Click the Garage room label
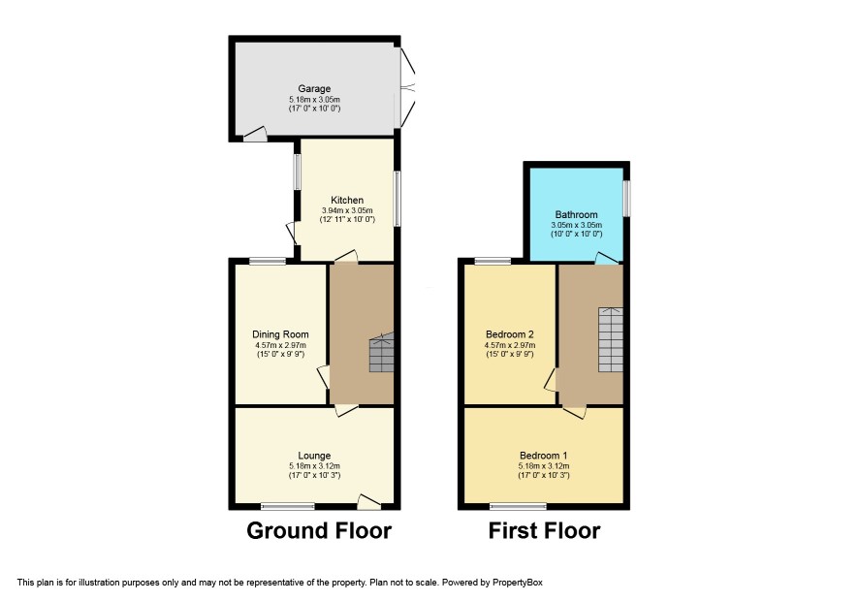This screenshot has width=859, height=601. click(x=314, y=89)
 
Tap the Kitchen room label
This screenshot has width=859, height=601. click(x=347, y=200)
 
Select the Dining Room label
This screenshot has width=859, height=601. click(x=280, y=334)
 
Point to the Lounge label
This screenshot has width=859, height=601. click(x=314, y=456)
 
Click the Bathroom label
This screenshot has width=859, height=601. click(x=576, y=214)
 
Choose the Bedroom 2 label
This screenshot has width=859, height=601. click(x=510, y=334)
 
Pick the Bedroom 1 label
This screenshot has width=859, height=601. click(x=544, y=456)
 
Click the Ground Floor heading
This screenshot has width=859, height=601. click(x=319, y=531)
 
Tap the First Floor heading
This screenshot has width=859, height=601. click(x=545, y=531)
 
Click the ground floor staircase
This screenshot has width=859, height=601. click(x=382, y=353)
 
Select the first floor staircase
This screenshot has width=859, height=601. click(x=611, y=339)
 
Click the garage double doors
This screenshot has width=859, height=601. click(x=406, y=87)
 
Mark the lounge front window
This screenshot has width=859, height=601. click(x=288, y=506)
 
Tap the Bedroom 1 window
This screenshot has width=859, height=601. click(x=519, y=506)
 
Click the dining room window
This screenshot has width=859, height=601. click(x=268, y=261)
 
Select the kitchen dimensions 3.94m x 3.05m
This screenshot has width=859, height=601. click(x=347, y=210)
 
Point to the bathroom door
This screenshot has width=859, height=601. click(x=607, y=258)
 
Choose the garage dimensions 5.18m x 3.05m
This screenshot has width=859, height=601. click(x=314, y=100)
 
